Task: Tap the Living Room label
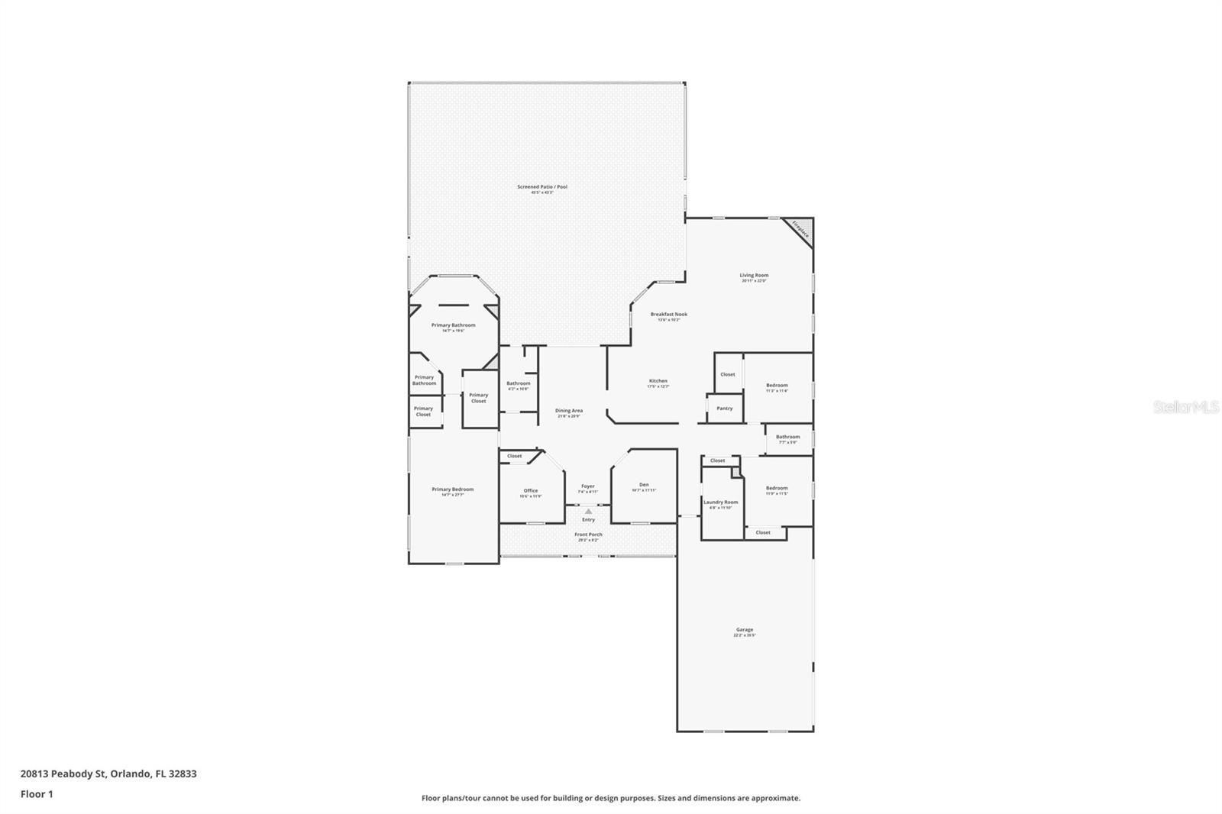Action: tap(754, 276)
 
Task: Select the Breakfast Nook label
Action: tap(669, 315)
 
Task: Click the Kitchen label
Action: tap(658, 381)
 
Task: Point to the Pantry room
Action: tap(725, 409)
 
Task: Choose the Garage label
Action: tap(745, 630)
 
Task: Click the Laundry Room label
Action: tap(721, 502)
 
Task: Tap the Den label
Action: tap(644, 485)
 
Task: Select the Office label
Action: tap(531, 491)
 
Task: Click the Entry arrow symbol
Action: tap(588, 511)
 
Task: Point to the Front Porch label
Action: tap(588, 535)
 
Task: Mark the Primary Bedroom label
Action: tap(453, 489)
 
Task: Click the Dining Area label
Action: tap(569, 411)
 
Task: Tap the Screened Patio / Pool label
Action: tap(542, 187)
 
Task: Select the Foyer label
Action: tap(587, 486)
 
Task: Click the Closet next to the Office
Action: tap(515, 457)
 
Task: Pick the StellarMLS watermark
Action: tap(1185, 408)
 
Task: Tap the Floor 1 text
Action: tap(37, 794)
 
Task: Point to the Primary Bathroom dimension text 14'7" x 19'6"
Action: tap(453, 331)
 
